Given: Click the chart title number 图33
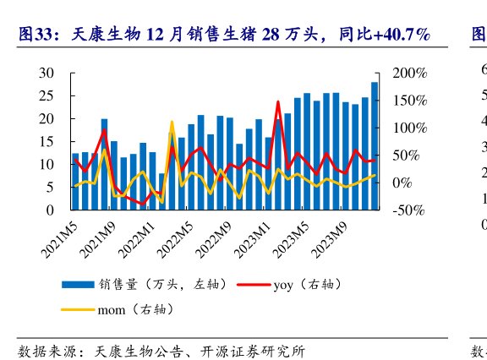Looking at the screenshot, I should (x=36, y=35).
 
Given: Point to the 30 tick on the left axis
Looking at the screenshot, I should (x=47, y=74).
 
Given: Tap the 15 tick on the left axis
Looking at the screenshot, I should (x=47, y=141).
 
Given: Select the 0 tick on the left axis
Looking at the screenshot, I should (x=51, y=210).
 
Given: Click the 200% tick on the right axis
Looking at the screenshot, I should (x=410, y=74).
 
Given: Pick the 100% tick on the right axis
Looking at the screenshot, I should (x=410, y=128).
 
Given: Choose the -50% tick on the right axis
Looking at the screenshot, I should (x=410, y=210).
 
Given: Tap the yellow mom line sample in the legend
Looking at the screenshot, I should (x=79, y=310).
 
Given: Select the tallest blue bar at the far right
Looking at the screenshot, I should (x=375, y=144).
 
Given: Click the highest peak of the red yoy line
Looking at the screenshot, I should (x=278, y=101).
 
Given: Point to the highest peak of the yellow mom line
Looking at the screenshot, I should (x=171, y=122).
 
